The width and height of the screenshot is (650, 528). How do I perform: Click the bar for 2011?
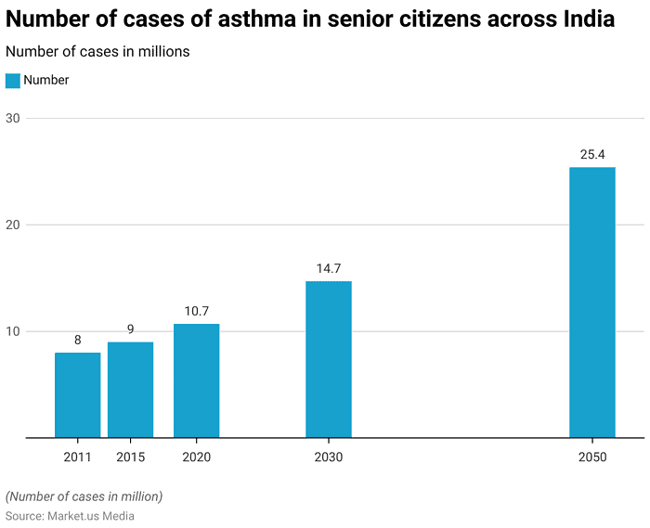(x=77, y=394)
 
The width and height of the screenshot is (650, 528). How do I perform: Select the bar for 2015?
(x=130, y=390)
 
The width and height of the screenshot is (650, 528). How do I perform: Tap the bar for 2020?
(x=196, y=380)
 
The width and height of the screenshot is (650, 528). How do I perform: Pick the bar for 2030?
(x=328, y=359)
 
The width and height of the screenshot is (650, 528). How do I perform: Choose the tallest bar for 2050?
(x=592, y=303)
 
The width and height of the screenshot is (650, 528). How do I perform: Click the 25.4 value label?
(x=592, y=155)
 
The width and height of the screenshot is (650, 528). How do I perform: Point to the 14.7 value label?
(x=328, y=269)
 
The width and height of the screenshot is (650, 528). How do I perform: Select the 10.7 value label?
(x=196, y=312)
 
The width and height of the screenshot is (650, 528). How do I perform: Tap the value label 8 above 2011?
(x=77, y=341)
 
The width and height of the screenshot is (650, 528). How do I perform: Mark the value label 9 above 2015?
(x=130, y=329)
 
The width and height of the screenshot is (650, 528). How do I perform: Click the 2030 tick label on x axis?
(x=328, y=457)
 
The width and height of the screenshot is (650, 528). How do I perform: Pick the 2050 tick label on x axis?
(x=592, y=457)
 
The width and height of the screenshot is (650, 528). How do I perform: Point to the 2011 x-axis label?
(x=77, y=457)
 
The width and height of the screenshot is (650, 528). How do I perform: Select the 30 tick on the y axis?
(x=13, y=118)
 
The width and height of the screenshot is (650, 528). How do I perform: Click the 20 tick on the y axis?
(x=13, y=225)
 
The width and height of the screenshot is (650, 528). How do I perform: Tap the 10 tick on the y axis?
(x=13, y=331)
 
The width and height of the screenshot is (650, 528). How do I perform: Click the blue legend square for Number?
(x=13, y=81)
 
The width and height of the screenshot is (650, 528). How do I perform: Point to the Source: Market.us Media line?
(x=70, y=516)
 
